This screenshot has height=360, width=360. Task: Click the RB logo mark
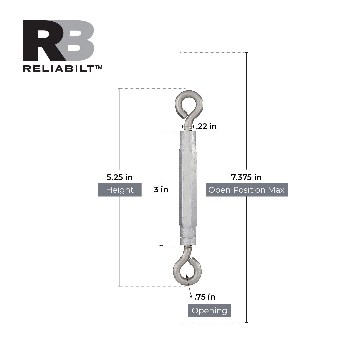click(x=59, y=41)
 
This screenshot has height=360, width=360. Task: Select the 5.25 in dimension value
click(x=120, y=177)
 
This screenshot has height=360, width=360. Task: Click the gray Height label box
click(x=120, y=190)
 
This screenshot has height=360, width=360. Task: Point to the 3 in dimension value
click(x=161, y=190)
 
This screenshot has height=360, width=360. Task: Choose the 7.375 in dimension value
click(x=246, y=177)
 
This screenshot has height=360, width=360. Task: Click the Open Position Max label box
click(x=247, y=190)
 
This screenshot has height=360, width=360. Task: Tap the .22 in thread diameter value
click(x=206, y=126)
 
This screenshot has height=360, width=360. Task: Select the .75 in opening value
click(x=205, y=297)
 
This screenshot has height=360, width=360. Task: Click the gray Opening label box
click(x=209, y=311)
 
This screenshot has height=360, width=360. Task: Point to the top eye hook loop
click(x=189, y=103)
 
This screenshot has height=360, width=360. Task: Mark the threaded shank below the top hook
click(x=188, y=127)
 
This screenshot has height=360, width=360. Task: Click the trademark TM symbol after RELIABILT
click(x=98, y=67)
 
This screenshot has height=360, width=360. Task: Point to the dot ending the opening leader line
click(x=191, y=296)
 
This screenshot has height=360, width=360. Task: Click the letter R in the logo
click(x=42, y=41)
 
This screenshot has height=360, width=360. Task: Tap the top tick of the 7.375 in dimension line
click(x=246, y=53)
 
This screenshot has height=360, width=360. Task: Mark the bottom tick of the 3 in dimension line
click(x=161, y=246)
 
